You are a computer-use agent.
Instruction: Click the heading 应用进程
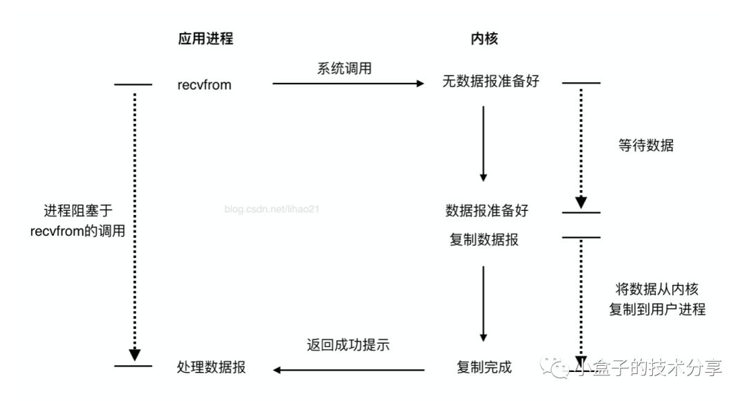point(205,39)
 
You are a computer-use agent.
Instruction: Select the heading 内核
point(483,39)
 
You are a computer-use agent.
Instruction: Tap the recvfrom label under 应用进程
point(204,86)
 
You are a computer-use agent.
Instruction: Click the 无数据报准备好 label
point(490,81)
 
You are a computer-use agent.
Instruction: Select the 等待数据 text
point(646,146)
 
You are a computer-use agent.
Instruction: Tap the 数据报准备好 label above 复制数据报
point(490,209)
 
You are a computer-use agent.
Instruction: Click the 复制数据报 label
point(484,240)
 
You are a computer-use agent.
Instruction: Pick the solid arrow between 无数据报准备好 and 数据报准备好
point(483,142)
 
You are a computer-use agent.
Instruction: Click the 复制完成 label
point(484,366)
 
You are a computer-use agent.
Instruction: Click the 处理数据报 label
point(212,368)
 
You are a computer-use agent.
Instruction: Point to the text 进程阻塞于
point(77,211)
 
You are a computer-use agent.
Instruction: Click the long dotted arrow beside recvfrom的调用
point(134,221)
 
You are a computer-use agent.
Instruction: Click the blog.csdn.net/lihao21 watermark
point(273,208)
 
